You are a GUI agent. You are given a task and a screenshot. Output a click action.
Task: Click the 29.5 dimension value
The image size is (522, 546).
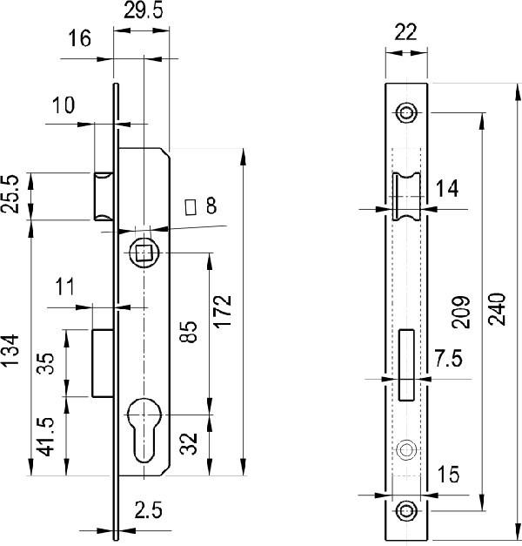(144, 10)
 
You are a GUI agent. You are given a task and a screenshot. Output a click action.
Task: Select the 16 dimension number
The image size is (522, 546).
(79, 38)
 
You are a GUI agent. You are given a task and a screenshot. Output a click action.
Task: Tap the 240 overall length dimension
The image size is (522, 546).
(497, 309)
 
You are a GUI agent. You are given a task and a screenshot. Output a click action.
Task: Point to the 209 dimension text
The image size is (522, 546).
(461, 313)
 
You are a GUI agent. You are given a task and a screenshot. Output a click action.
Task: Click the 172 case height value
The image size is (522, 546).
(223, 312)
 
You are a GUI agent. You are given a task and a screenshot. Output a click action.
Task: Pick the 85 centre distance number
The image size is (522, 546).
(189, 332)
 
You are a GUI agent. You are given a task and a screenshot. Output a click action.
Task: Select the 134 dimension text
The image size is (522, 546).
(10, 350)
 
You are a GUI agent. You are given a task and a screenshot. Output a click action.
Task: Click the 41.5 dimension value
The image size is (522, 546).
(46, 436)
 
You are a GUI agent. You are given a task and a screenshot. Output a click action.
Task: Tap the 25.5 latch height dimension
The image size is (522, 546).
(10, 194)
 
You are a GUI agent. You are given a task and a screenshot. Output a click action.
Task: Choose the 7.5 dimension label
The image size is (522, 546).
(449, 358)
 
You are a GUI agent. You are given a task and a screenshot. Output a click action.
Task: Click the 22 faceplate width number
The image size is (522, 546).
(405, 32)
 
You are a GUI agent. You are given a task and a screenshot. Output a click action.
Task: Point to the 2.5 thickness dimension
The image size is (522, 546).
(149, 510)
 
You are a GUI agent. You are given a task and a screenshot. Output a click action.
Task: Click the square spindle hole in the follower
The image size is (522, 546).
(144, 253)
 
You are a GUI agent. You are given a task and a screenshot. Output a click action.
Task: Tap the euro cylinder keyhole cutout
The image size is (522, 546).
(144, 430)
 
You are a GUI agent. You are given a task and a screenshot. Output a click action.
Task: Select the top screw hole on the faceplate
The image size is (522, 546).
(406, 113)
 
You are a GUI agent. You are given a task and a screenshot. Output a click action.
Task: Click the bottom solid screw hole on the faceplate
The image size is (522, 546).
(406, 511)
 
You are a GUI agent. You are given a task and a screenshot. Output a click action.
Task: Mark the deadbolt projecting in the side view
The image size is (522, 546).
(104, 363)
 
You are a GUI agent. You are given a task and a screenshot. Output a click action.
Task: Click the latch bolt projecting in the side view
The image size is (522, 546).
(104, 196)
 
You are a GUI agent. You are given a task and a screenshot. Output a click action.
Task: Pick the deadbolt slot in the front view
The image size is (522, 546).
(406, 365)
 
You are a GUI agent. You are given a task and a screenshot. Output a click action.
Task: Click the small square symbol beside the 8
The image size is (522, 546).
(190, 207)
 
